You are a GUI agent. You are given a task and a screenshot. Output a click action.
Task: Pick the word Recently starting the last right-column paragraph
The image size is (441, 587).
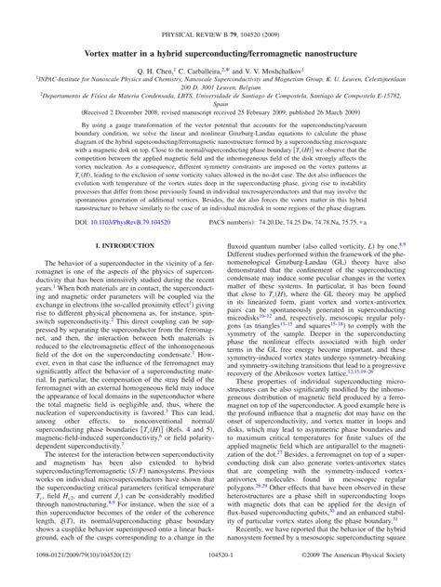(x=252, y=554)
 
